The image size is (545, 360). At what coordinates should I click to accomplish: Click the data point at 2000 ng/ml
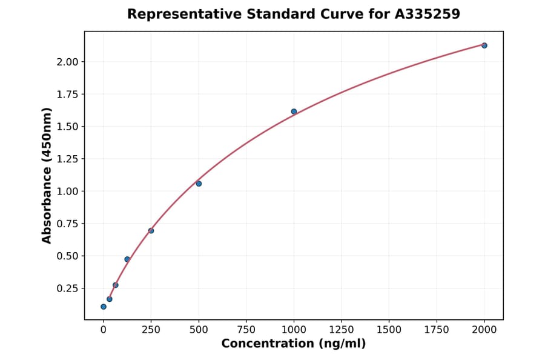point(484,45)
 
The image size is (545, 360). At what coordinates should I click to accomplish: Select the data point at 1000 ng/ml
point(294,112)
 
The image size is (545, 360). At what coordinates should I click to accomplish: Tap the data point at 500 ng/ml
point(199,184)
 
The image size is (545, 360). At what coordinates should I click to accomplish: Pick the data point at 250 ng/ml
point(151,231)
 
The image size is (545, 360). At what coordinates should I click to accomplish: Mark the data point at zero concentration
point(104,307)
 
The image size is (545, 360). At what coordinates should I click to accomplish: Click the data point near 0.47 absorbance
point(127,259)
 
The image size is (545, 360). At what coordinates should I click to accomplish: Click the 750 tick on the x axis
point(246,330)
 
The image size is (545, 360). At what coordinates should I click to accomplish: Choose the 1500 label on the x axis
point(389,330)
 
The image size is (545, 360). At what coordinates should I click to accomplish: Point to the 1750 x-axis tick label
point(437,330)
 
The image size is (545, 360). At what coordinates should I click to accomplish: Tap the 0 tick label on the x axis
point(104,330)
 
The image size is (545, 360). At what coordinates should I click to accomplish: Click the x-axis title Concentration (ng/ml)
point(293,344)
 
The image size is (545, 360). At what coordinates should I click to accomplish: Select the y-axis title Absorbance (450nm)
point(47,176)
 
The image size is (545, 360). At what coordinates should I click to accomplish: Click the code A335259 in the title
point(428,14)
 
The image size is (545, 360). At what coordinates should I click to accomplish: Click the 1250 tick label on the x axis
point(342,330)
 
